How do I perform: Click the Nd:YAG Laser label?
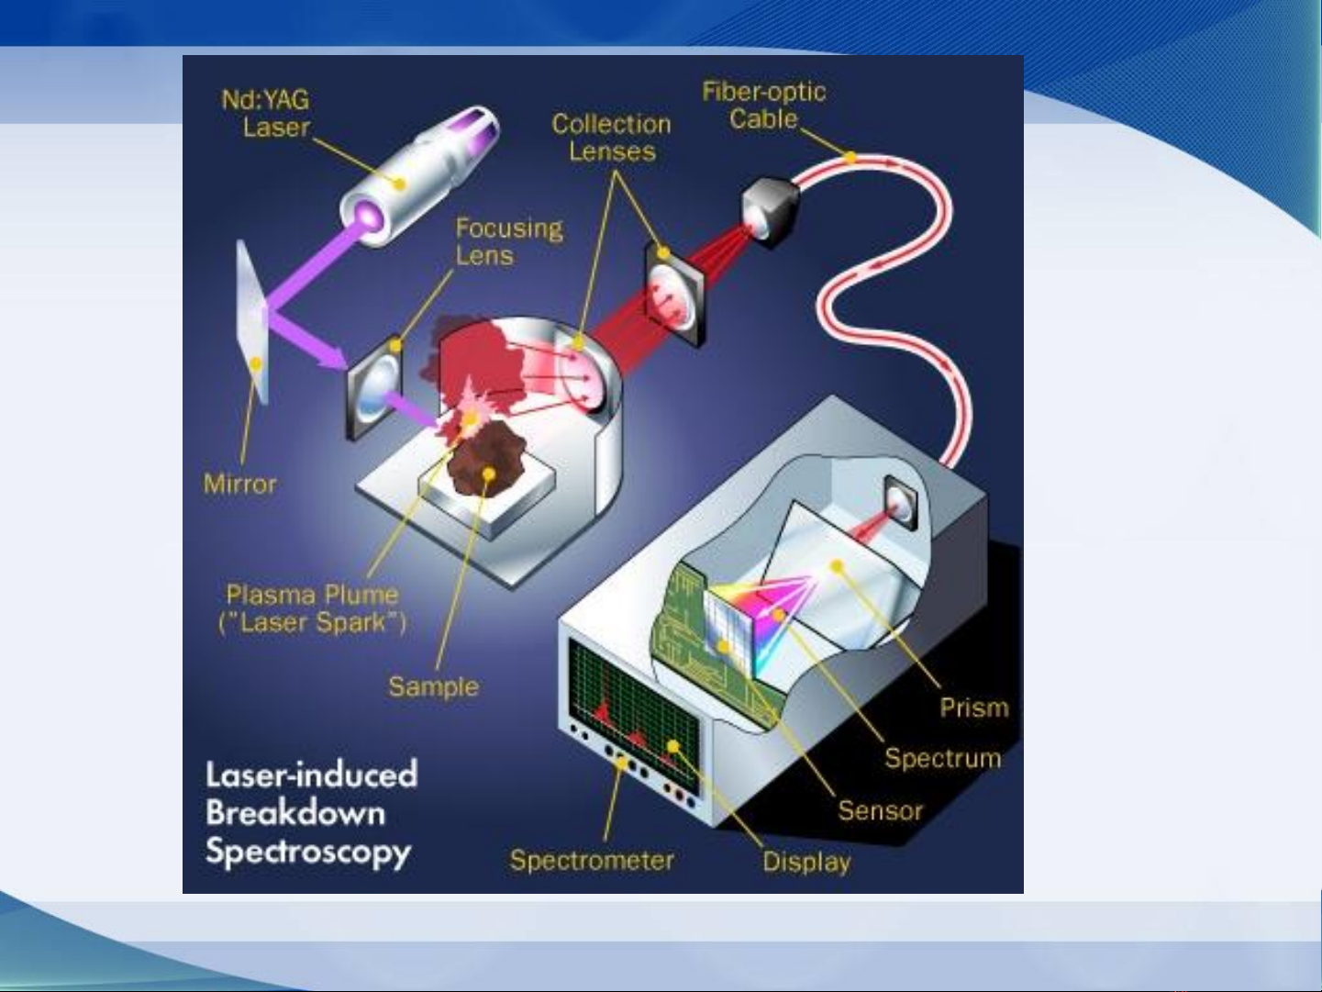point(265,113)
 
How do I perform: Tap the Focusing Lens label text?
point(508,241)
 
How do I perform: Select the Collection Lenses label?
point(611,138)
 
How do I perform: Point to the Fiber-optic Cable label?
point(763,105)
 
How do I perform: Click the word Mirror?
point(239,484)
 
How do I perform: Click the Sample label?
point(433,686)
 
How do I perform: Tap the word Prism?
point(973,708)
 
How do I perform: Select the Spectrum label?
point(942,758)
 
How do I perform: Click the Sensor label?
point(879,810)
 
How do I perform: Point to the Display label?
point(806,861)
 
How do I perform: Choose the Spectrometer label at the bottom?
point(592,860)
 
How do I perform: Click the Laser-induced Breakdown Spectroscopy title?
point(310,813)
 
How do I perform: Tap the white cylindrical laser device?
point(417,174)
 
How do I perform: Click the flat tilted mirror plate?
point(251,321)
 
